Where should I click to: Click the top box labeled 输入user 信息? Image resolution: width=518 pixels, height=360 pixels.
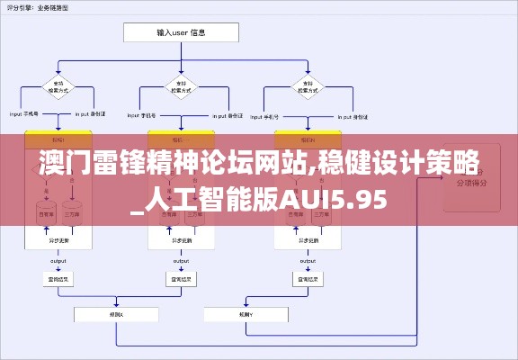tap(181, 32)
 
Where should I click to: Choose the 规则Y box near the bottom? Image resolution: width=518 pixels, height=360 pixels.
tap(245, 314)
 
